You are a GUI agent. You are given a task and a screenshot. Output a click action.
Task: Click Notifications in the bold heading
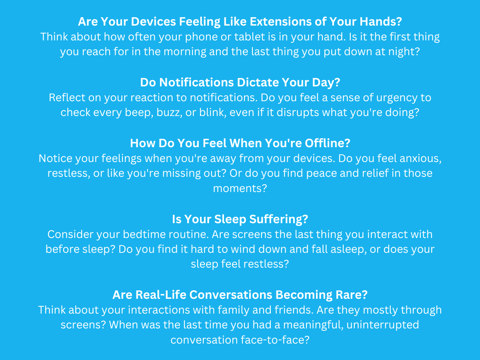tap(196, 82)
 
